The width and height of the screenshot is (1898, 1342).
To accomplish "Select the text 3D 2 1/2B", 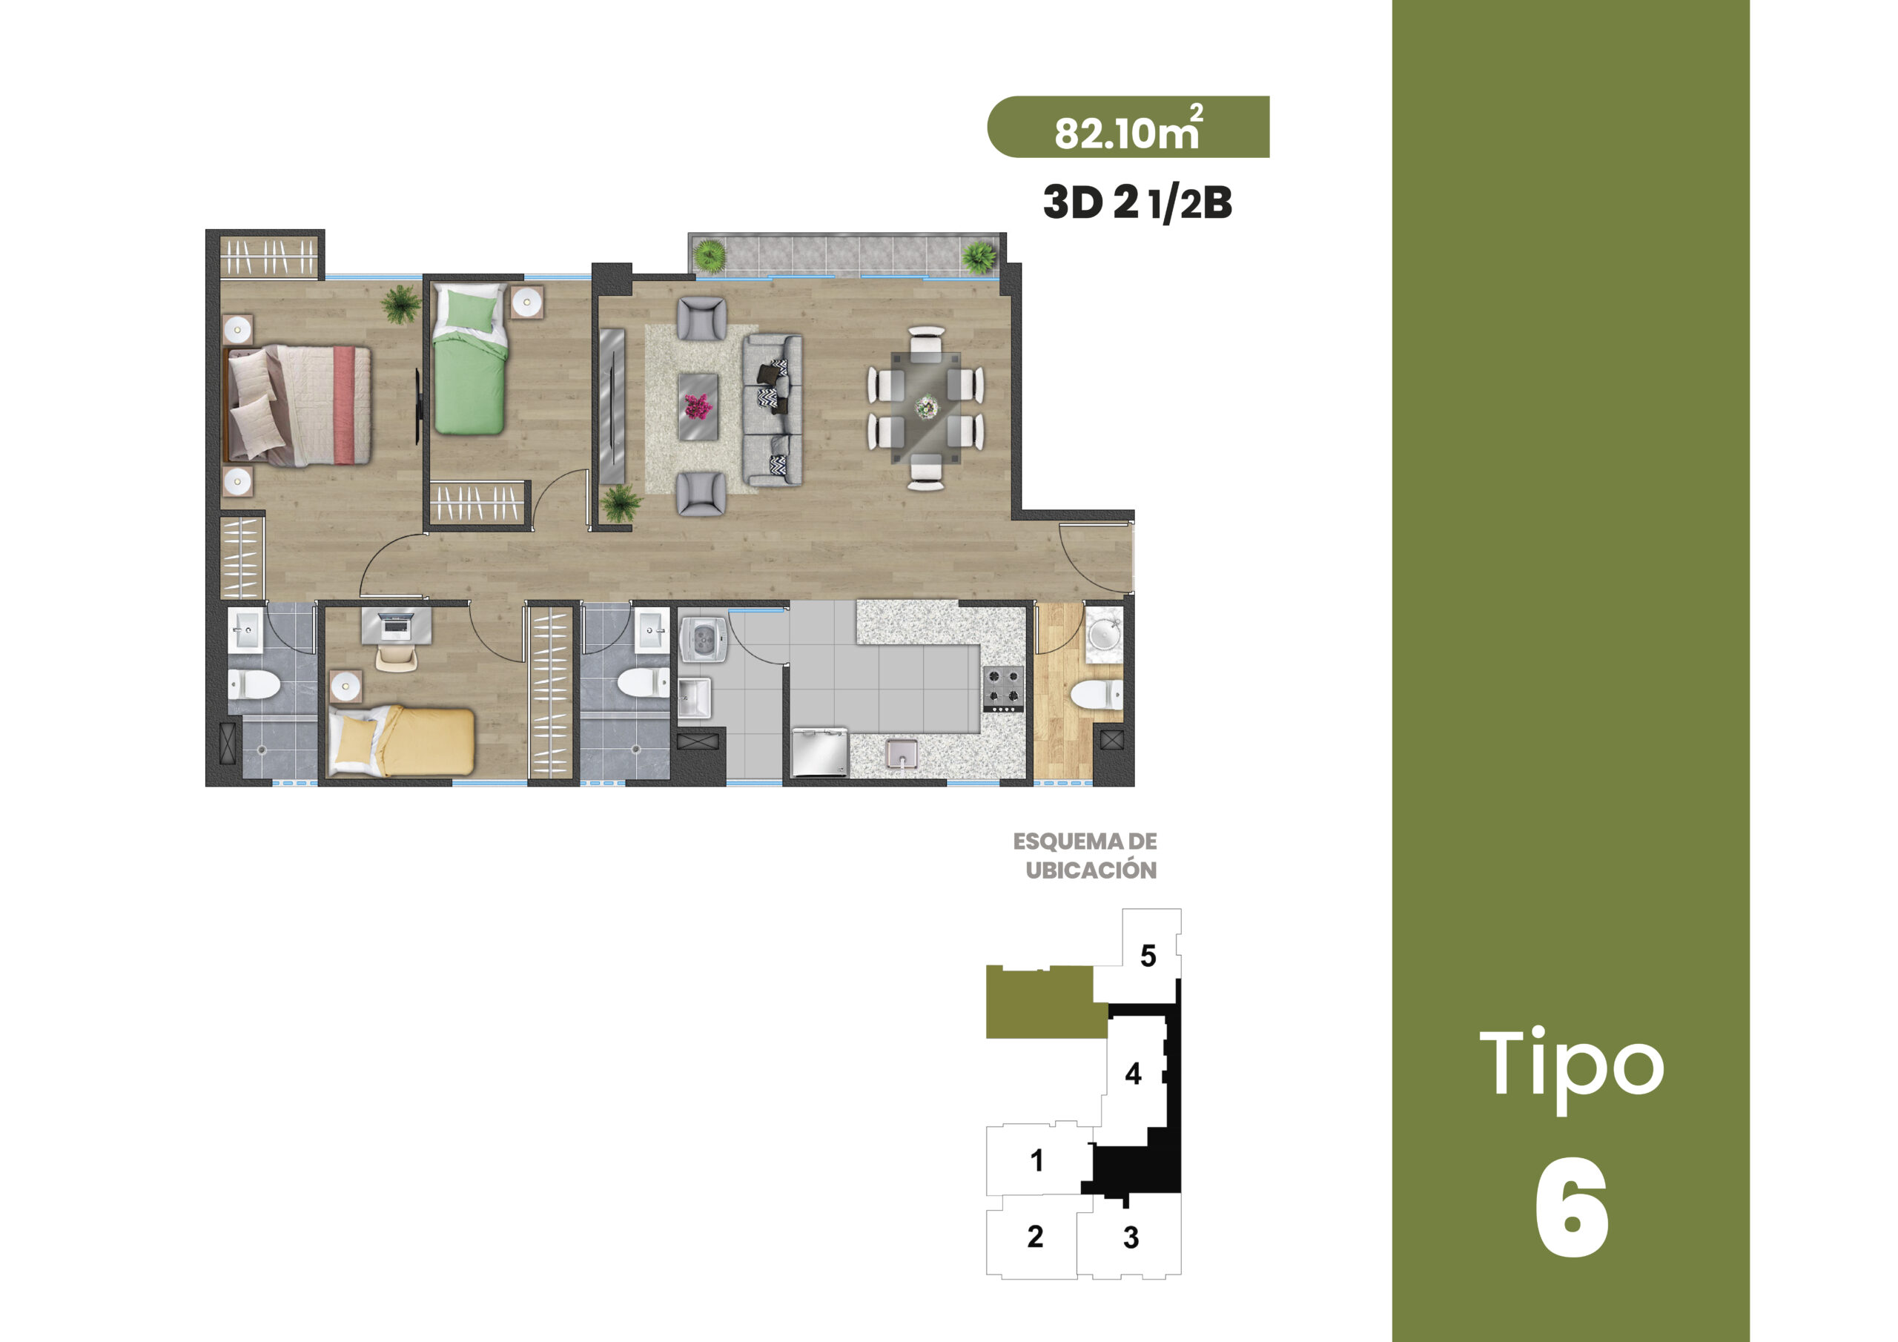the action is pyautogui.click(x=1137, y=202).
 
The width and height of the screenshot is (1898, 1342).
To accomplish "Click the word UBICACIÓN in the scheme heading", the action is pyautogui.click(x=1091, y=870).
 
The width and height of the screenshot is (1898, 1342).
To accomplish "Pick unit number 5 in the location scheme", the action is pyautogui.click(x=1148, y=956).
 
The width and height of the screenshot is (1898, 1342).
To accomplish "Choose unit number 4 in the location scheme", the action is pyautogui.click(x=1134, y=1074).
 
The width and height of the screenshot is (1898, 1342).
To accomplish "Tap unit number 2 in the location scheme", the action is pyautogui.click(x=1035, y=1236).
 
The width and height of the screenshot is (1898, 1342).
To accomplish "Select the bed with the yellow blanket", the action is pyautogui.click(x=402, y=741).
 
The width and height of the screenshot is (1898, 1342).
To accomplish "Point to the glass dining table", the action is pyautogui.click(x=926, y=408).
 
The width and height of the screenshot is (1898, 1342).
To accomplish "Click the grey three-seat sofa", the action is pyautogui.click(x=772, y=409).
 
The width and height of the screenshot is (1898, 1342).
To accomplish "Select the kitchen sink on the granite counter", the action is pyautogui.click(x=901, y=753).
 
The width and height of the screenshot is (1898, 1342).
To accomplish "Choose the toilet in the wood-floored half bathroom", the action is pyautogui.click(x=1096, y=695).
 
